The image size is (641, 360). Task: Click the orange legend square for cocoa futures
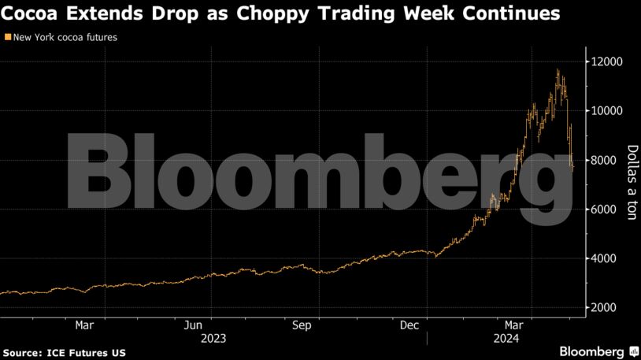tap(8, 37)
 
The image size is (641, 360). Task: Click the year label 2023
tap(213, 338)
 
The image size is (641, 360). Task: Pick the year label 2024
tap(504, 338)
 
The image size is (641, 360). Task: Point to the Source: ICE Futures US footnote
tap(64, 351)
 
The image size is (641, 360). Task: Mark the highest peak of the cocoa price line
tap(558, 70)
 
